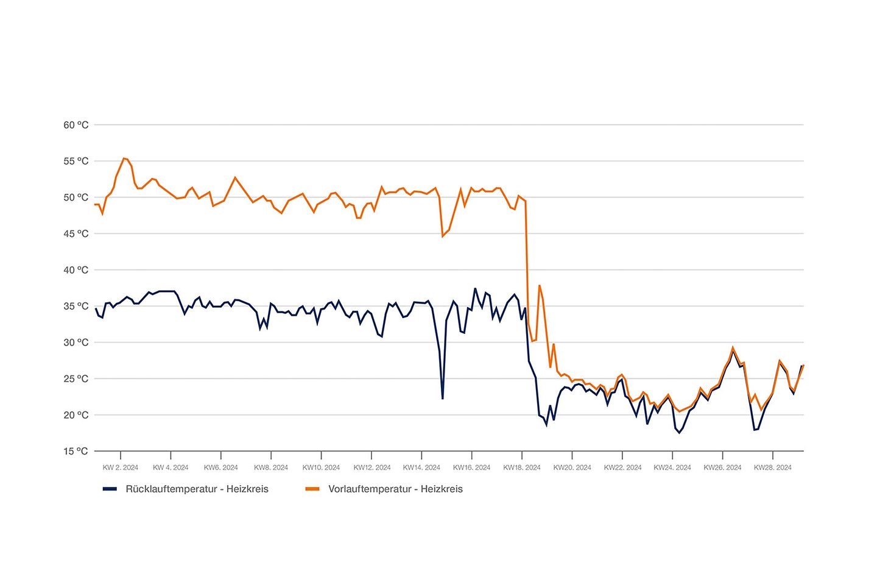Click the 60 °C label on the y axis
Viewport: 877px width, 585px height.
pyautogui.click(x=76, y=125)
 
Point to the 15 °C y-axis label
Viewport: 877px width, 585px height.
pyautogui.click(x=76, y=452)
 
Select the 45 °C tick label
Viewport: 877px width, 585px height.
pyautogui.click(x=76, y=234)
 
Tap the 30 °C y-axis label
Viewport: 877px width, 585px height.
pyautogui.click(x=76, y=342)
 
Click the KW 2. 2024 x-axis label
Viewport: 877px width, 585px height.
pyautogui.click(x=121, y=468)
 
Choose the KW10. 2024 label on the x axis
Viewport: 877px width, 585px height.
pyautogui.click(x=321, y=468)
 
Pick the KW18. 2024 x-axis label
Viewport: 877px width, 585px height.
pyautogui.click(x=522, y=468)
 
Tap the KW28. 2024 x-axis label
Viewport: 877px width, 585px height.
pyautogui.click(x=773, y=468)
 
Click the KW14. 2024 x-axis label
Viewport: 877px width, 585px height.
pyautogui.click(x=421, y=468)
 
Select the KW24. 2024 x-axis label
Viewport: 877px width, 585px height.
pyautogui.click(x=672, y=468)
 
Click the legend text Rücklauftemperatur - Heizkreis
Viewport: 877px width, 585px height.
pyautogui.click(x=197, y=489)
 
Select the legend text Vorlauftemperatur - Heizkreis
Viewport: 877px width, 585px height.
pyautogui.click(x=395, y=489)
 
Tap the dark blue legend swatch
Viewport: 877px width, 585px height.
pyautogui.click(x=110, y=489)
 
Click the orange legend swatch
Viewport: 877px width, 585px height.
pyautogui.click(x=312, y=489)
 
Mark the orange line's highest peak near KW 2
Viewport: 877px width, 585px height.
pyautogui.click(x=124, y=158)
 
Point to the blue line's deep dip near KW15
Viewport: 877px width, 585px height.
pyautogui.click(x=443, y=399)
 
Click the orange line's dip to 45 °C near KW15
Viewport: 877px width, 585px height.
pyautogui.click(x=443, y=236)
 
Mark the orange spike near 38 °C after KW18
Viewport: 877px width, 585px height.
pyautogui.click(x=539, y=285)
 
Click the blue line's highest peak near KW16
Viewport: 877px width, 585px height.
pyautogui.click(x=475, y=289)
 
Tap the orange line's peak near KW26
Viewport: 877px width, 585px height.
pyautogui.click(x=733, y=348)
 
